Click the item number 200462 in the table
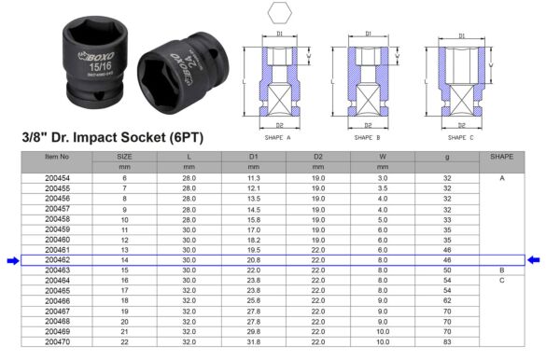[58, 259]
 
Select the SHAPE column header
[502, 157]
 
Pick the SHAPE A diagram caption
[278, 138]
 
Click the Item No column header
[58, 157]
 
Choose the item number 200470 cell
[58, 342]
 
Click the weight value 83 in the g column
[448, 342]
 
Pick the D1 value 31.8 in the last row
[253, 342]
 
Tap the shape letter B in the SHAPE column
[502, 270]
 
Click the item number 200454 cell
[58, 177]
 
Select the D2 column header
[318, 157]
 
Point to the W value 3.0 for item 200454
[383, 177]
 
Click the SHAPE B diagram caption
[369, 138]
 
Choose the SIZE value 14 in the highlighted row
[124, 259]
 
